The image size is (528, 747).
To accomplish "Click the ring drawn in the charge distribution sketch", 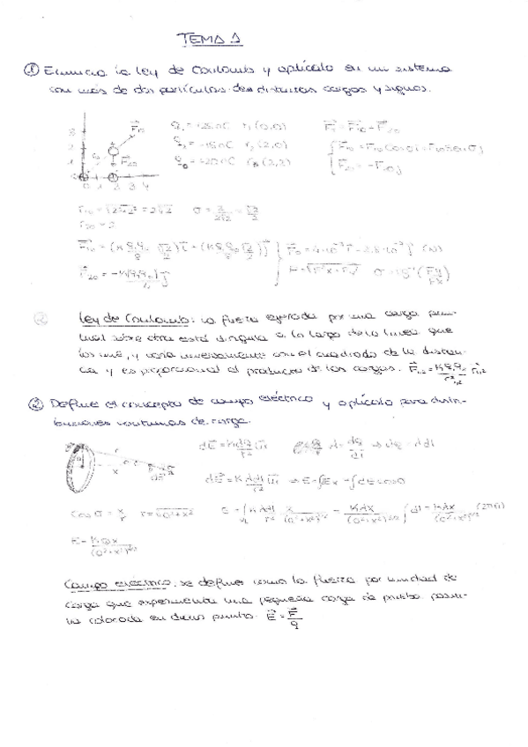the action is coord(78,462).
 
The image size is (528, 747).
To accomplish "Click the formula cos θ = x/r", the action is coord(93,512).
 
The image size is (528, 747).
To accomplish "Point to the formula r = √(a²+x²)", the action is coord(164,512).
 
